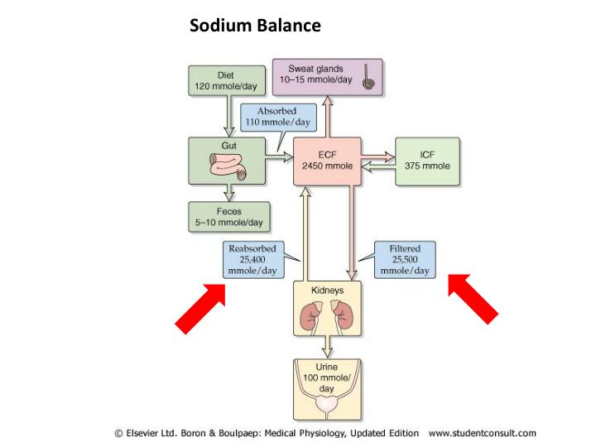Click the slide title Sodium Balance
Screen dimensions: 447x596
click(255, 26)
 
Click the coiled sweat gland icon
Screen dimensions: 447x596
click(367, 81)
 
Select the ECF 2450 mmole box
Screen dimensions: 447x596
click(328, 161)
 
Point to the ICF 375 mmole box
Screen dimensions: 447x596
click(428, 161)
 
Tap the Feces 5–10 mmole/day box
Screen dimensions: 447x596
click(226, 217)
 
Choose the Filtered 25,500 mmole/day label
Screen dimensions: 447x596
click(405, 259)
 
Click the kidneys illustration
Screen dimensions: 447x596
click(328, 315)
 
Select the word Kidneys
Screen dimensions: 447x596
click(328, 291)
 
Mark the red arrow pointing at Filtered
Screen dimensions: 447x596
click(473, 298)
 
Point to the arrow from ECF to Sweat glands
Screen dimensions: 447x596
click(328, 117)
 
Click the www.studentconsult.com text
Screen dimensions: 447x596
click(482, 433)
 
